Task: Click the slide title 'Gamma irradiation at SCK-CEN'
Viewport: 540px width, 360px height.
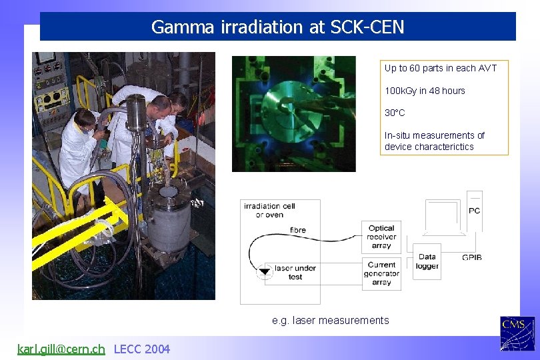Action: click(277, 27)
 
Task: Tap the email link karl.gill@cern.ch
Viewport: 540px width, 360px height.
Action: click(61, 349)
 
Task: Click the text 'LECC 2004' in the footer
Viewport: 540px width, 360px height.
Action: click(142, 349)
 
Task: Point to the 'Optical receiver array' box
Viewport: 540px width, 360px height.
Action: click(381, 237)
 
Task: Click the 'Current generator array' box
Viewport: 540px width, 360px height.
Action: click(381, 273)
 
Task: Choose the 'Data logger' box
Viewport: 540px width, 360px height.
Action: click(427, 261)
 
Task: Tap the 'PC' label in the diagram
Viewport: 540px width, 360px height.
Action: click(474, 211)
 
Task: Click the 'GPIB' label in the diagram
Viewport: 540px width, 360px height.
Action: click(471, 257)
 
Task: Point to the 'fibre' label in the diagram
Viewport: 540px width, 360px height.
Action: click(298, 230)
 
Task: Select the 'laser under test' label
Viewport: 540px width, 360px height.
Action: click(295, 272)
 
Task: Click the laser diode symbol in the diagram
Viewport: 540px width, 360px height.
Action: click(264, 271)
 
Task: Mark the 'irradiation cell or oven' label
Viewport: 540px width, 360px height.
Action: click(264, 210)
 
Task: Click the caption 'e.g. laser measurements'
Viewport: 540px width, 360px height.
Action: click(330, 320)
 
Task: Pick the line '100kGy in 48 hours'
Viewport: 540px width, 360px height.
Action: click(425, 91)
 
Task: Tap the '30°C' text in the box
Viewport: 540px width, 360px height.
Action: click(395, 113)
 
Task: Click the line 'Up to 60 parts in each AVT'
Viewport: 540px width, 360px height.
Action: click(440, 68)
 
